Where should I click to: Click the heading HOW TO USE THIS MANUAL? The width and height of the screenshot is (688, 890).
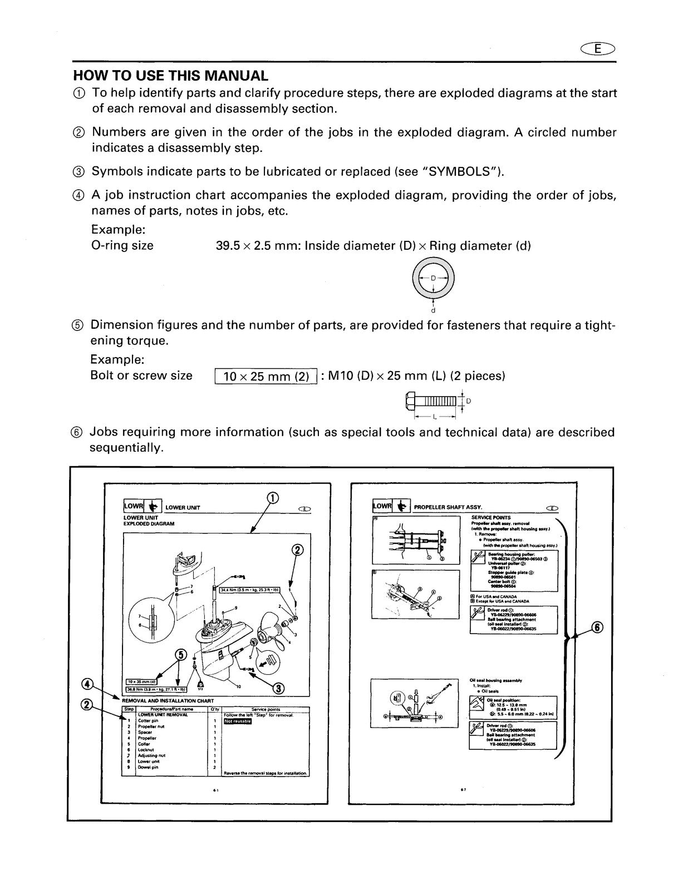point(171,76)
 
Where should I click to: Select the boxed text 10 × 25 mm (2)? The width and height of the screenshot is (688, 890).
point(266,377)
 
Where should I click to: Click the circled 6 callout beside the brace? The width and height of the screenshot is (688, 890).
point(596,627)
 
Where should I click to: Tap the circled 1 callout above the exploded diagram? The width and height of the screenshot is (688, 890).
point(273,498)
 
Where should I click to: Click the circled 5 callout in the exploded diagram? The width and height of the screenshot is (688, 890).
point(180,655)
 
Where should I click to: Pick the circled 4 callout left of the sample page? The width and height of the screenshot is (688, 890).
point(87,684)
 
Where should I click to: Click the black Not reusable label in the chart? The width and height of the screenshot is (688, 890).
point(238,721)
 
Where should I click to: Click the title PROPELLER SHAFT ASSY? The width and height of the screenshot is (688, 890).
point(448,507)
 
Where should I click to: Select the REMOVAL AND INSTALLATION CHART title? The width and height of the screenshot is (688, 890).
point(168,701)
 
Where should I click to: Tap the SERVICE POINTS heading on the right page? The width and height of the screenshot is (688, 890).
point(490,517)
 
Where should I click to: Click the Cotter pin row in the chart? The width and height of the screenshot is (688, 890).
point(148,721)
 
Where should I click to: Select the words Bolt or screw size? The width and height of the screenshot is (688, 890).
point(141,375)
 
